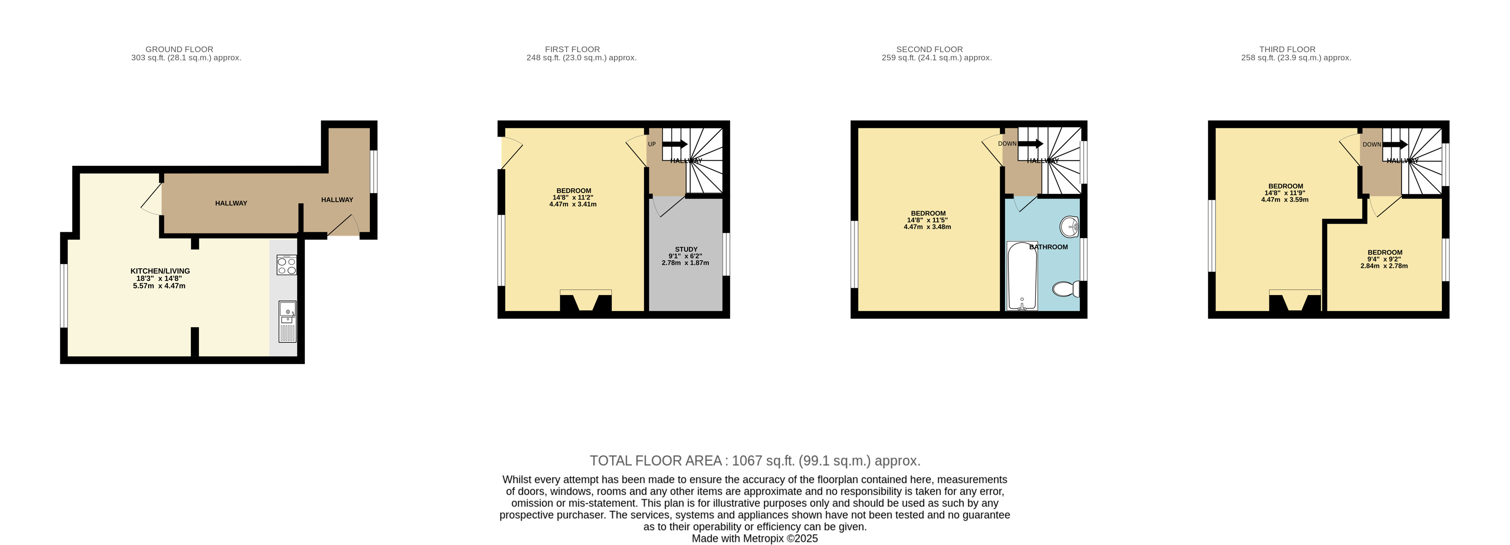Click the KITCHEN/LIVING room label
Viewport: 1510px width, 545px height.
click(x=160, y=271)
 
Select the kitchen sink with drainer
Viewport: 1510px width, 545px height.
click(x=287, y=321)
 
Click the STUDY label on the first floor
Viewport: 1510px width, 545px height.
click(x=686, y=249)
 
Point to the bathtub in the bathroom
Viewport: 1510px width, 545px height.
click(x=1022, y=276)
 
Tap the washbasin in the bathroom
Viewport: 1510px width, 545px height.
click(x=1070, y=226)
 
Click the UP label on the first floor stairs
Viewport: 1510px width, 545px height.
click(x=652, y=144)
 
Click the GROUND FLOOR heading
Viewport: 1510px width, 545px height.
click(x=180, y=49)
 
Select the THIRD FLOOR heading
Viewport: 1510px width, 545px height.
click(x=1287, y=49)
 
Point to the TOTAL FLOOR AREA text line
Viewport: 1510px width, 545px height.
click(x=755, y=461)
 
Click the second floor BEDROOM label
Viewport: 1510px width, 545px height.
click(x=928, y=214)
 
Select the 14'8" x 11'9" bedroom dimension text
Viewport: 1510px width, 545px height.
click(x=1285, y=193)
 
